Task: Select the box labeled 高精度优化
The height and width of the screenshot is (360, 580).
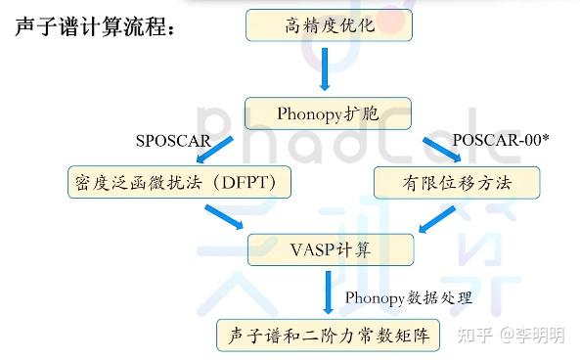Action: tap(324, 25)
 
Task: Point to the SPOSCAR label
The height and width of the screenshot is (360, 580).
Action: tap(173, 140)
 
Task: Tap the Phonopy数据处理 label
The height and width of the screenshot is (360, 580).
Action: tap(409, 296)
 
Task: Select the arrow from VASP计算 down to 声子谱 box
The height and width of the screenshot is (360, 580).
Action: tap(330, 292)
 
